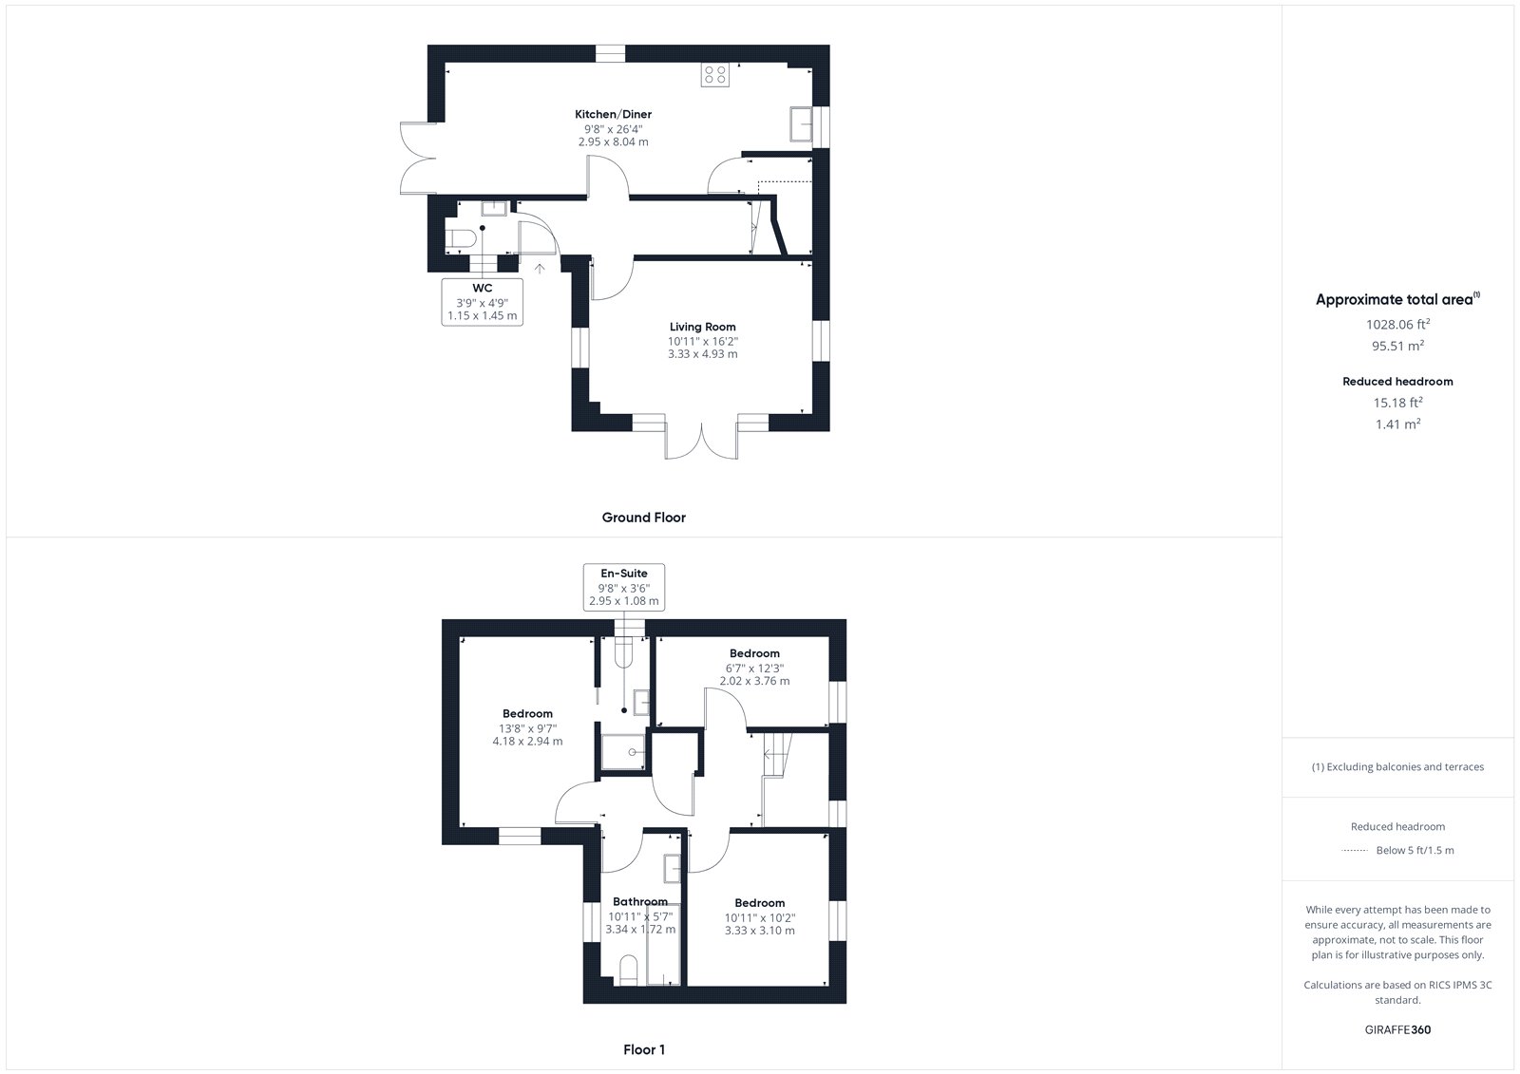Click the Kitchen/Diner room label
pos(613,114)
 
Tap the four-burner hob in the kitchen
pos(715,75)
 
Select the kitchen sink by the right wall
pos(802,124)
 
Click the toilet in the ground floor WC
pos(461,238)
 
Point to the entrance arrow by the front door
pos(540,269)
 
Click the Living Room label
pos(702,327)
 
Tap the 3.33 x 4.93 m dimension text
pos(702,353)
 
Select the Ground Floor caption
pos(643,518)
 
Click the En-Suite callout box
pos(623,587)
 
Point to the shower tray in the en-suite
pos(623,752)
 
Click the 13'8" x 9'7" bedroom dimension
pos(527,728)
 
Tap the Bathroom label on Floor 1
pos(640,902)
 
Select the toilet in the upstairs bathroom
pos(629,970)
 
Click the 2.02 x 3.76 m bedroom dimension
pos(754,681)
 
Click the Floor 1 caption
pos(644,1049)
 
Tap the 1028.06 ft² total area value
pos(1397,325)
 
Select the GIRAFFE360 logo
pos(1397,1029)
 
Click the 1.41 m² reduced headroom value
pos(1397,424)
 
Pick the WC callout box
pos(483,302)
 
